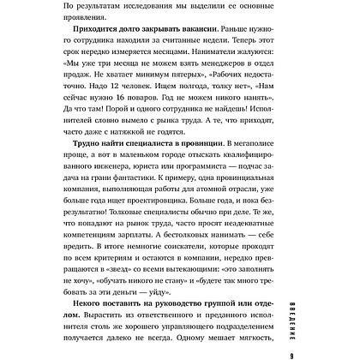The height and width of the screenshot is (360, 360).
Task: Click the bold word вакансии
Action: point(177,46)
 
